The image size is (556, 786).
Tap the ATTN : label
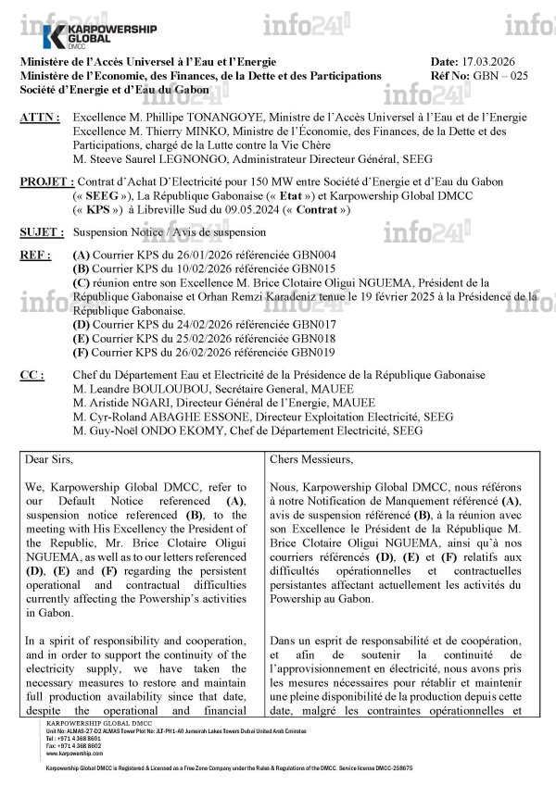[x=40, y=119]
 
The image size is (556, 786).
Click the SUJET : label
[x=42, y=233]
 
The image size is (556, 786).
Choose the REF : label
[x=35, y=255]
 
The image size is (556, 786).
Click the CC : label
[x=32, y=375]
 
